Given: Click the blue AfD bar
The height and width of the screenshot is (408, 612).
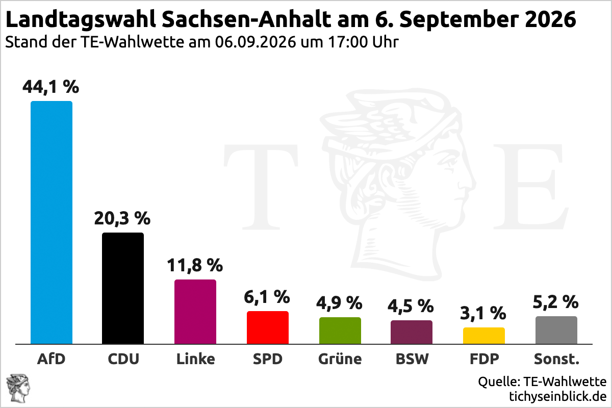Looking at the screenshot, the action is pyautogui.click(x=52, y=222).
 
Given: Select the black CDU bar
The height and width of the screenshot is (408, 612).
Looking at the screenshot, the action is pyautogui.click(x=123, y=288).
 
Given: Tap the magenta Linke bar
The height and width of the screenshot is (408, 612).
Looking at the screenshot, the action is pyautogui.click(x=195, y=312).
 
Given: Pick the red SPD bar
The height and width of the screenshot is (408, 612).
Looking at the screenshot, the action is pyautogui.click(x=268, y=327).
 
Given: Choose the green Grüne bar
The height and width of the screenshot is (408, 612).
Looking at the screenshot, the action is pyautogui.click(x=340, y=330).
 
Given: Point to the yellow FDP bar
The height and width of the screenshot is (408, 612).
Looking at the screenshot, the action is pyautogui.click(x=484, y=336).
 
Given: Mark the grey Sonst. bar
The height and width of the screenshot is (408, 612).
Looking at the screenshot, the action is pyautogui.click(x=556, y=330).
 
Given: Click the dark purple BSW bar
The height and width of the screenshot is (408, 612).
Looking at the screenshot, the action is pyautogui.click(x=412, y=332).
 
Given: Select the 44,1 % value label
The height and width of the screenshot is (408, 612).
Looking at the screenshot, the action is pyautogui.click(x=51, y=87).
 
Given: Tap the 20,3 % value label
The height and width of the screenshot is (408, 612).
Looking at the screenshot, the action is pyautogui.click(x=122, y=219).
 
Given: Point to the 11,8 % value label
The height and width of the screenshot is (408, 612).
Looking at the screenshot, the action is pyautogui.click(x=195, y=265).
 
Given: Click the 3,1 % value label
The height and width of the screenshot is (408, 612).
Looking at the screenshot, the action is pyautogui.click(x=483, y=313).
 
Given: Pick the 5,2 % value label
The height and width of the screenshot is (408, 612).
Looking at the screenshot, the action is pyautogui.click(x=556, y=302).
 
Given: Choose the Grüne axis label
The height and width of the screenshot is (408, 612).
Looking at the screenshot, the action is pyautogui.click(x=340, y=359).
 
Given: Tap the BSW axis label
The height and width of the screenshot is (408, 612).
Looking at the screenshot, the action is pyautogui.click(x=412, y=359).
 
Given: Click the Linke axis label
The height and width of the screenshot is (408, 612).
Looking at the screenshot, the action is pyautogui.click(x=196, y=359).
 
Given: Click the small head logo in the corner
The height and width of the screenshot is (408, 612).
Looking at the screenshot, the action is pyautogui.click(x=18, y=388).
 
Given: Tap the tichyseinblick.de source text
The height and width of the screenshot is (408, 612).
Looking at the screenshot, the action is pyautogui.click(x=558, y=396).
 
